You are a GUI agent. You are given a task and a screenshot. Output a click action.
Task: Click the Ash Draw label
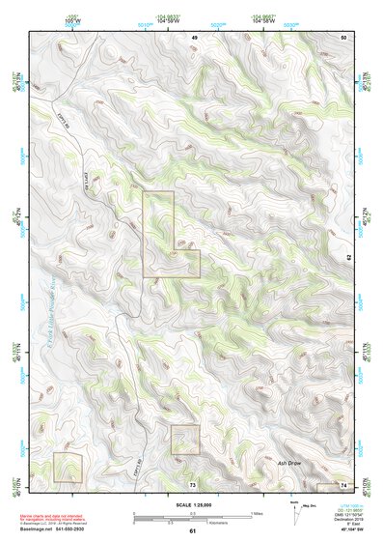(x=290, y=463)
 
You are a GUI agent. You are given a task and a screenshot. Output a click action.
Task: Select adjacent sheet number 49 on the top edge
(x=193, y=37)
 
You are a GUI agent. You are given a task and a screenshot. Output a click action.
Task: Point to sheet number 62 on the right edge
(x=349, y=257)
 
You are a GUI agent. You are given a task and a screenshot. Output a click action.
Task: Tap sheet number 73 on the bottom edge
(x=192, y=483)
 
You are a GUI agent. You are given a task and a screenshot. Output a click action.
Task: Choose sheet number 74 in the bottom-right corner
(x=343, y=483)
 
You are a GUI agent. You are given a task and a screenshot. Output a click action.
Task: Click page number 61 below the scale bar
(x=192, y=530)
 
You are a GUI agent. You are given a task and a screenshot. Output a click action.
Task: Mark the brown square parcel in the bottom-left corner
(x=68, y=468)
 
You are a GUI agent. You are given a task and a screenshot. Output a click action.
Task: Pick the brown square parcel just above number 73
(x=184, y=440)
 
